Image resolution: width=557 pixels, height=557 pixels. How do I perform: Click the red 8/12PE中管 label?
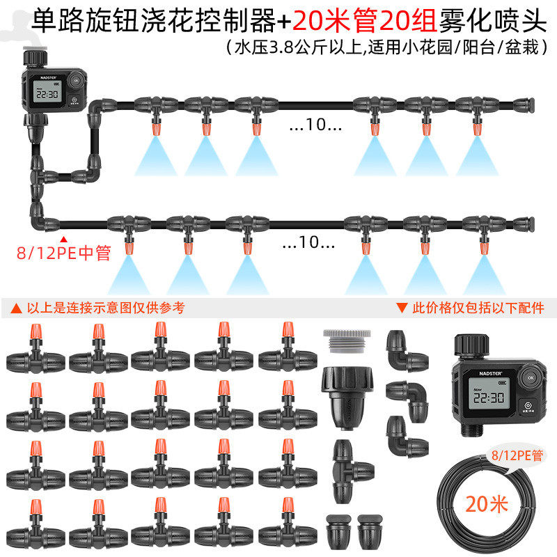click(x=63, y=252)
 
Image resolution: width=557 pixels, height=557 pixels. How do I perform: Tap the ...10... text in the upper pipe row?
click(x=315, y=126)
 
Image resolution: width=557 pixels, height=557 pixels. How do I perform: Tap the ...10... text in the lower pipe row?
click(x=308, y=244)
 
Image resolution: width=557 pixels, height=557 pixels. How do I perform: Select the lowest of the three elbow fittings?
click(x=406, y=435)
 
